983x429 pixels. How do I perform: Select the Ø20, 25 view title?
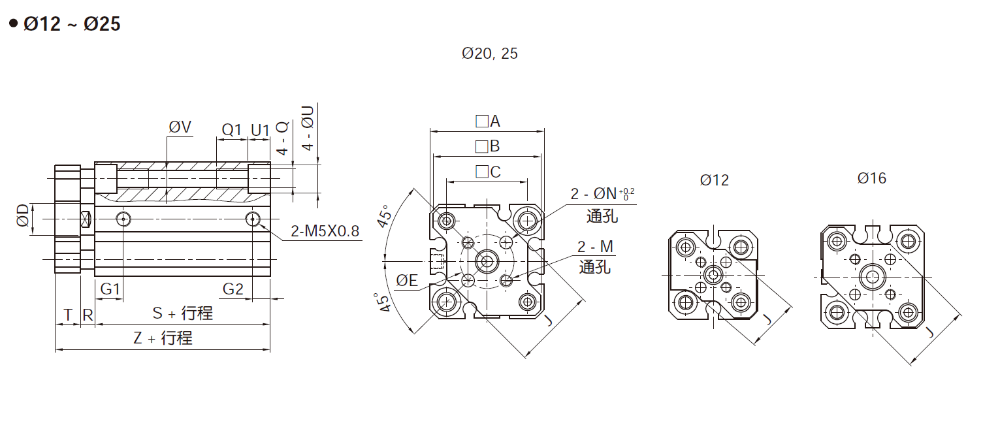click(x=489, y=54)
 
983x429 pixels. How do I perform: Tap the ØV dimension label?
click(x=180, y=127)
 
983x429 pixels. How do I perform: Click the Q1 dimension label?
click(x=232, y=129)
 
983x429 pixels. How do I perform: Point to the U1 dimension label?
click(x=259, y=129)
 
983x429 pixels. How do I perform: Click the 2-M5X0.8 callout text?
click(x=325, y=230)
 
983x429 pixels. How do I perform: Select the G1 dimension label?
click(x=110, y=289)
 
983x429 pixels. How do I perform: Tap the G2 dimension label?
click(x=233, y=289)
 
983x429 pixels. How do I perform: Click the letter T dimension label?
click(x=67, y=315)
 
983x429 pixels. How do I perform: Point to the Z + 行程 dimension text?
click(x=163, y=338)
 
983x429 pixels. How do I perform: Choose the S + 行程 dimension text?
click(x=182, y=313)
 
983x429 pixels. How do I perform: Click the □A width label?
click(x=487, y=121)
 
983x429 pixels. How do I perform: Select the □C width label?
click(x=488, y=172)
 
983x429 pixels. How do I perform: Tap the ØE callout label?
click(x=407, y=281)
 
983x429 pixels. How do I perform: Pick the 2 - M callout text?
click(x=595, y=247)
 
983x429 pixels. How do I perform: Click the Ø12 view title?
click(x=714, y=180)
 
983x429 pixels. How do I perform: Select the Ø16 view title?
click(x=872, y=178)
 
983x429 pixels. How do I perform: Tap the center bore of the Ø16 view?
click(x=871, y=277)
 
